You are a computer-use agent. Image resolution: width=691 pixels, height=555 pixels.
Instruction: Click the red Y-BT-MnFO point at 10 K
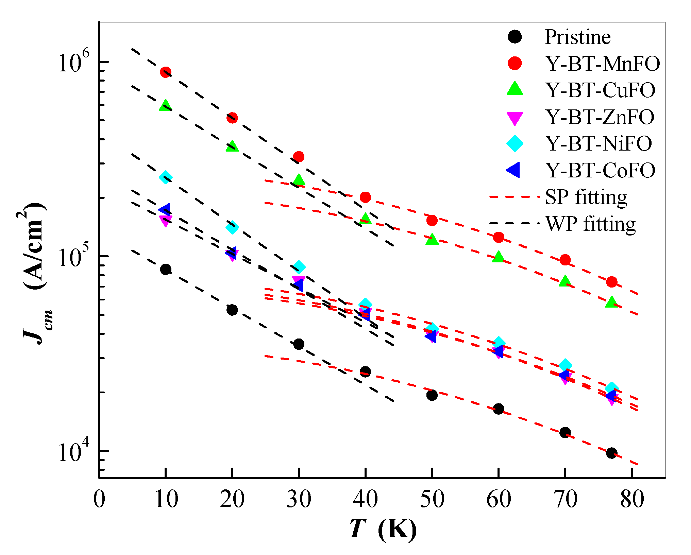(x=166, y=72)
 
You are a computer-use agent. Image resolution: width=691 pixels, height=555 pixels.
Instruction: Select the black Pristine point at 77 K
(x=611, y=453)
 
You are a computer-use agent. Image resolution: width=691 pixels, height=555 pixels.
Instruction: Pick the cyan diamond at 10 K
(x=166, y=177)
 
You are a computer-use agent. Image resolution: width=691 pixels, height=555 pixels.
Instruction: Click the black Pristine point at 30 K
(x=299, y=344)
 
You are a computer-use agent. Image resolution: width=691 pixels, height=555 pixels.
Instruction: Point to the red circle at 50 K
(x=432, y=220)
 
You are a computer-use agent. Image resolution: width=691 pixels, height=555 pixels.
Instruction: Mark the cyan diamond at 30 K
(x=299, y=267)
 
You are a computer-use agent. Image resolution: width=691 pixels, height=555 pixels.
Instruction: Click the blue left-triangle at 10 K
(x=165, y=209)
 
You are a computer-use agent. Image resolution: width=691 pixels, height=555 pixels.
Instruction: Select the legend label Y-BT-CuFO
(x=601, y=90)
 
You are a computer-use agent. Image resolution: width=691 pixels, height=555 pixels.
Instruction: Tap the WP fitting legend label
(x=591, y=224)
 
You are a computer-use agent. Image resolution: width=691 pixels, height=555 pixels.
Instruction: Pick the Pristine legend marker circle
(x=515, y=37)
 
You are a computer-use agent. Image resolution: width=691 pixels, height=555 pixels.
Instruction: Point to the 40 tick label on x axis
(x=365, y=500)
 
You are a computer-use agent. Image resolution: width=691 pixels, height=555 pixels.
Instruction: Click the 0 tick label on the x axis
(x=99, y=500)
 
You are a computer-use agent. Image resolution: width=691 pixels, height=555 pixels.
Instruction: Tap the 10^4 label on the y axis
(x=73, y=451)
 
